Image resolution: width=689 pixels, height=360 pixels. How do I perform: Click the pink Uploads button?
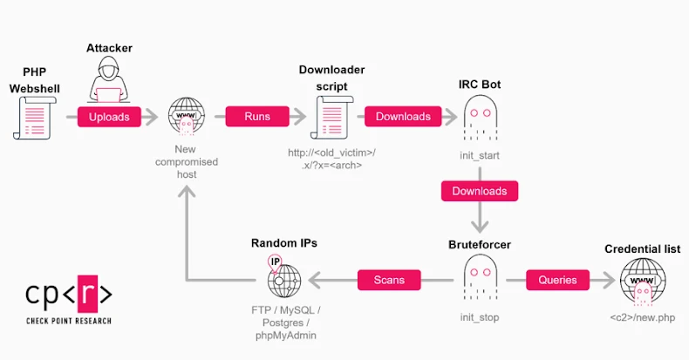pyautogui.click(x=109, y=116)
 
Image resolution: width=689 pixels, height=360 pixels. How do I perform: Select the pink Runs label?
pyautogui.click(x=256, y=116)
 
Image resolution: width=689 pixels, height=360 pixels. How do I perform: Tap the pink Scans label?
pyautogui.click(x=389, y=280)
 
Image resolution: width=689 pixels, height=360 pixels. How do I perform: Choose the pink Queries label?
pyautogui.click(x=557, y=280)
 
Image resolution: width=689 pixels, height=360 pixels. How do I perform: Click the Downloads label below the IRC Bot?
pyautogui.click(x=480, y=191)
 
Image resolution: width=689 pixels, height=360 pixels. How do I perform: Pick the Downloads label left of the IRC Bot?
pyautogui.click(x=403, y=116)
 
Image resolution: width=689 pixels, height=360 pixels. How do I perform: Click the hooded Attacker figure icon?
pyautogui.click(x=109, y=84)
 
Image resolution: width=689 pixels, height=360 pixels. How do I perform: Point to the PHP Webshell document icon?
pyautogui.click(x=34, y=117)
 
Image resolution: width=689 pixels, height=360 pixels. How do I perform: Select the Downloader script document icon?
pyautogui.click(x=331, y=118)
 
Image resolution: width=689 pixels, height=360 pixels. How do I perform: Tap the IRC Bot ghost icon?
pyautogui.click(x=480, y=117)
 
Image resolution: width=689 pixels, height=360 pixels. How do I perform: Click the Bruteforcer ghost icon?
pyautogui.click(x=479, y=280)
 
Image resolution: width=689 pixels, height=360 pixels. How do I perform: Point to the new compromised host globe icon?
pyautogui.click(x=185, y=119)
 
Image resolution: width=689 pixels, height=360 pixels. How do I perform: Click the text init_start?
pyautogui.click(x=480, y=154)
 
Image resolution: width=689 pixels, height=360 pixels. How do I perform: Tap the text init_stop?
pyautogui.click(x=480, y=317)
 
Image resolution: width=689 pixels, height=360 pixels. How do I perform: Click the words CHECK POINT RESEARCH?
pyautogui.click(x=68, y=320)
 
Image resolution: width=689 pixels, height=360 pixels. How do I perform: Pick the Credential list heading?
pyautogui.click(x=642, y=249)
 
